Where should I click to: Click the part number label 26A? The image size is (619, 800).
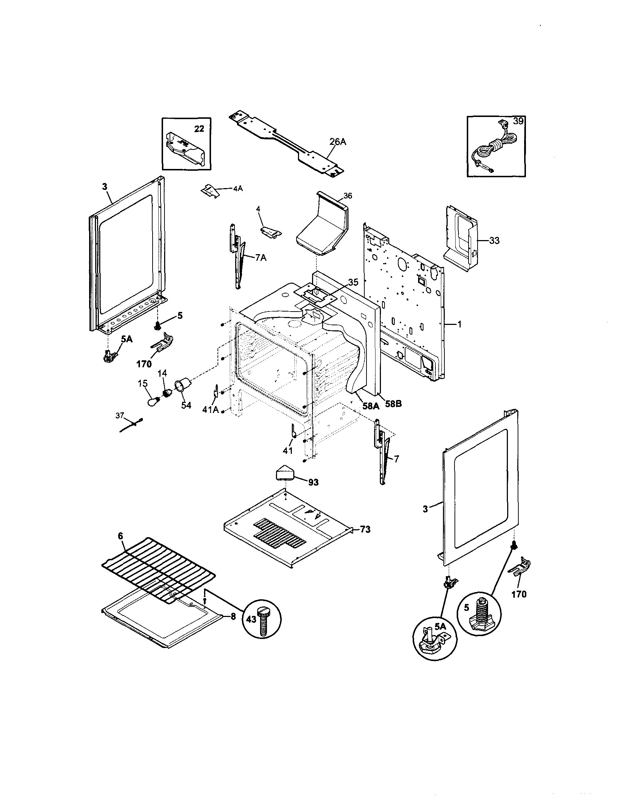[x=337, y=142]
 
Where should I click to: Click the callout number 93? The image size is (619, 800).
[x=313, y=482]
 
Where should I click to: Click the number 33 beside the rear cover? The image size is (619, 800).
[x=494, y=241]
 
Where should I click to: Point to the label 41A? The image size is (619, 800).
[x=211, y=410]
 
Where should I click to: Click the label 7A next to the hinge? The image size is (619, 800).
[x=261, y=258]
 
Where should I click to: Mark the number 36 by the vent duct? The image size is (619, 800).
[x=348, y=196]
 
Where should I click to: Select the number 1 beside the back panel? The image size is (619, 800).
[x=460, y=324]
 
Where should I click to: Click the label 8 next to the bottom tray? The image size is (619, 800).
[x=233, y=617]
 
